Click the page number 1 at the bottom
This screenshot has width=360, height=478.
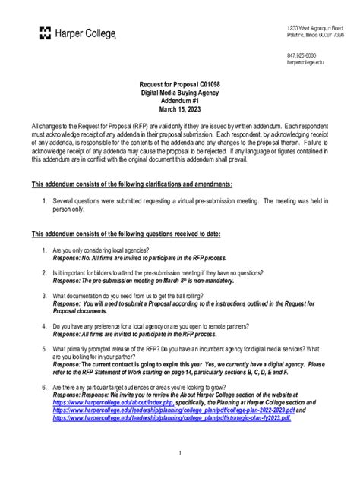pyautogui.click(x=180, y=453)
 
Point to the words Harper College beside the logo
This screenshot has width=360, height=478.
pyautogui.click(x=84, y=31)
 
